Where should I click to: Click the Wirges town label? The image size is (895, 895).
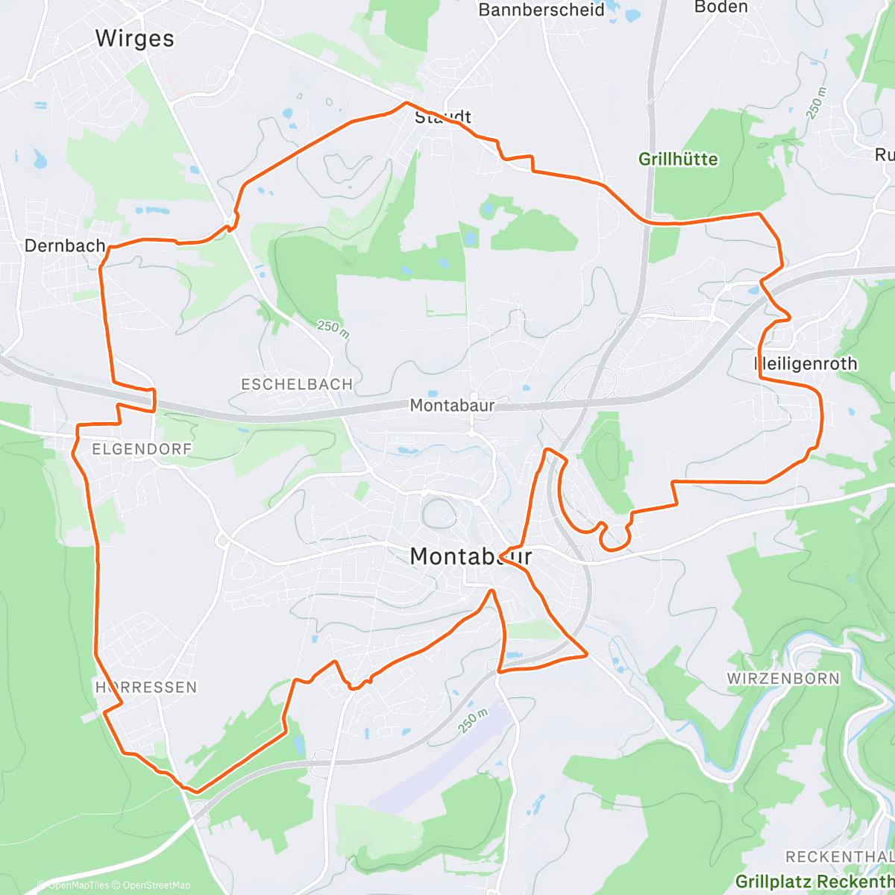coord(134,39)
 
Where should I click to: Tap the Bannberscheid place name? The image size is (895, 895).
coord(541,10)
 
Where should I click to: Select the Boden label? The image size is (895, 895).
coord(720,7)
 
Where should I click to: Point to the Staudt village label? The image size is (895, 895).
coord(443,117)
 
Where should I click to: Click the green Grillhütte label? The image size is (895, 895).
coord(678,159)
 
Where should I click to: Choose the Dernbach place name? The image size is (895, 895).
coord(65,245)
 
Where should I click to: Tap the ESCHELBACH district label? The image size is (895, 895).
coord(297,384)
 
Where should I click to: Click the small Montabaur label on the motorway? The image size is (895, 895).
coord(452,406)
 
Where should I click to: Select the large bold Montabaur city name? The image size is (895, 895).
coord(471,556)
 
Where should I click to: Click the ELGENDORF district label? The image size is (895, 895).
coord(142,449)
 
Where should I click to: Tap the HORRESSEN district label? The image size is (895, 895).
coord(146,687)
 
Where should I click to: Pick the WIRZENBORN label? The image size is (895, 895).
coord(783,679)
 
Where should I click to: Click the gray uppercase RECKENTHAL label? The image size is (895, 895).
coord(839,857)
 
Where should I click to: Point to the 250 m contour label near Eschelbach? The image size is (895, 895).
coord(333,329)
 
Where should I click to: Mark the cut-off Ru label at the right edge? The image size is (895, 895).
coord(885,155)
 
